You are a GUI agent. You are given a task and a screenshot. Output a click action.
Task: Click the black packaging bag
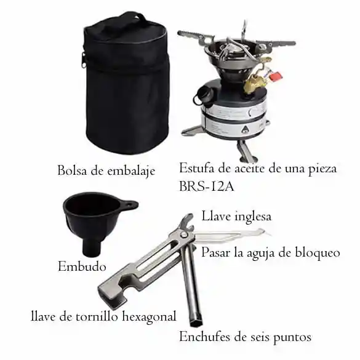[126, 85]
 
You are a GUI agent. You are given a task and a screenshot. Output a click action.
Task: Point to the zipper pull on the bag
[84, 60]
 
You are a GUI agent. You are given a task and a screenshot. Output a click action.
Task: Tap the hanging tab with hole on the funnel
[129, 204]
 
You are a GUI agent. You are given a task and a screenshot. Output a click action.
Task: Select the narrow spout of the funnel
[92, 247]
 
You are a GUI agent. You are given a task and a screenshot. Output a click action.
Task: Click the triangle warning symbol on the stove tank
[245, 130]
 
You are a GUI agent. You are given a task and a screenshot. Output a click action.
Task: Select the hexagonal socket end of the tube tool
[196, 321]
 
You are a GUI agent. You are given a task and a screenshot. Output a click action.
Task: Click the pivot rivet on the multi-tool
[183, 234]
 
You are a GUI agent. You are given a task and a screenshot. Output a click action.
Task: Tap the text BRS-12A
[206, 186]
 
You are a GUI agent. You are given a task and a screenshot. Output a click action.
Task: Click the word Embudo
[82, 266]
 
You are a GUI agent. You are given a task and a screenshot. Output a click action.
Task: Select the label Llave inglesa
[236, 216]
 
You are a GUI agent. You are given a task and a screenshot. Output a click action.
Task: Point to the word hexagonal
[150, 317]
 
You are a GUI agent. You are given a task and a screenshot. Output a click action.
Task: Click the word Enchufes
[204, 337]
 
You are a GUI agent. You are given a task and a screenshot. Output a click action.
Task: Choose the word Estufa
[197, 168]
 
